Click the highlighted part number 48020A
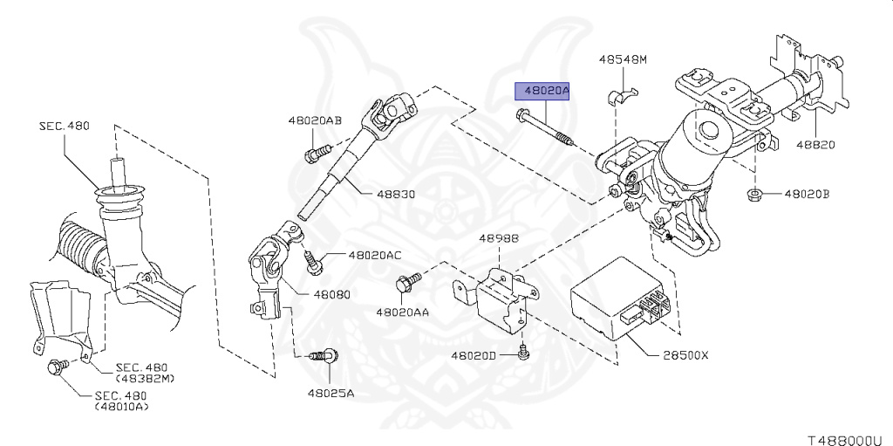point(547,90)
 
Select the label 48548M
point(623,59)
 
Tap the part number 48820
point(815,145)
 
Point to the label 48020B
point(807,194)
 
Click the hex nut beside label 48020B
point(754,195)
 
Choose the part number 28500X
point(685,355)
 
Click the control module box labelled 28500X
point(619,298)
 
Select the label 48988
point(498,238)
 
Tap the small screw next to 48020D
point(523,353)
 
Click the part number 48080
point(331,294)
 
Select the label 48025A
point(331,393)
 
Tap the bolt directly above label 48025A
point(324,356)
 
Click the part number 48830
point(396,194)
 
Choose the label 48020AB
point(315,120)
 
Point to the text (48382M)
point(145,379)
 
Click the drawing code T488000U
point(849,440)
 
